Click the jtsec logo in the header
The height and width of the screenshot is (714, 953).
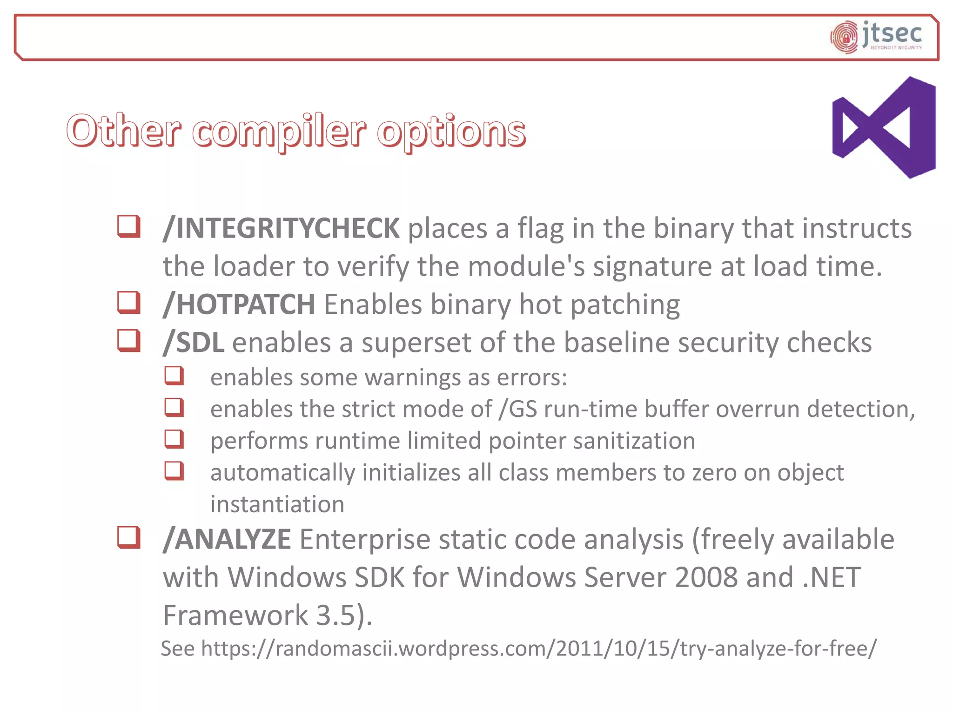tap(876, 37)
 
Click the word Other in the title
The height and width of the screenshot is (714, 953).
tap(123, 131)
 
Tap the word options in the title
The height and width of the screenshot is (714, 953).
tap(451, 132)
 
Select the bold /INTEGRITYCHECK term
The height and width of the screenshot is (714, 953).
tap(281, 228)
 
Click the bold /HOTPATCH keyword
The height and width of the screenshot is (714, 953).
tap(239, 304)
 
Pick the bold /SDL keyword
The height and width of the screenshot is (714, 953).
tap(194, 343)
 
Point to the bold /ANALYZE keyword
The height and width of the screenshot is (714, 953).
tap(227, 540)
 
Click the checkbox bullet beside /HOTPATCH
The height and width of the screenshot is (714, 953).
tap(129, 303)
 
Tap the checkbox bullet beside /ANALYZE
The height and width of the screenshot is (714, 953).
tap(129, 537)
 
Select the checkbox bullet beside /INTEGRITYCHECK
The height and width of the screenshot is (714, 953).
tap(129, 226)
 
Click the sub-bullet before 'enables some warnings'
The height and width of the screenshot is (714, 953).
tap(174, 376)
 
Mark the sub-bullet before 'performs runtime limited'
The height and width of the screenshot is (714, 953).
tap(174, 439)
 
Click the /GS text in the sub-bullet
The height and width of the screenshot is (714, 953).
tap(517, 410)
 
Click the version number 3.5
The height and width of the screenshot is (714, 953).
tap(336, 615)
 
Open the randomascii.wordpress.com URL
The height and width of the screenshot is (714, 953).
tap(538, 648)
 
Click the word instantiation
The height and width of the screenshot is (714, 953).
tap(277, 504)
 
